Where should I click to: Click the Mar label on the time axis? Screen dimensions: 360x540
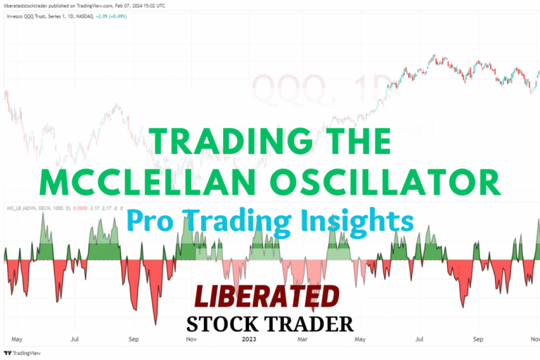pyautogui.click(x=303, y=337)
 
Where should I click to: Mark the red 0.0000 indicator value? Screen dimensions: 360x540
pyautogui.click(x=82, y=210)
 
